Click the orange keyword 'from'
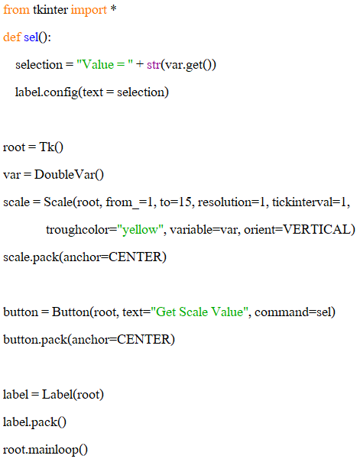pos(16,9)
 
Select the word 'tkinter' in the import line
pos(50,9)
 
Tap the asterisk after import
pos(113,9)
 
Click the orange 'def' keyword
pos(11,37)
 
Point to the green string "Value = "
pos(105,64)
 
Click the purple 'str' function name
pos(154,64)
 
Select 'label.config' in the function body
pos(47,92)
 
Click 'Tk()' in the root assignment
pos(51,147)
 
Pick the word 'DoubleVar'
pos(65,174)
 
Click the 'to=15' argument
pos(176,202)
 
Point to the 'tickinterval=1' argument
pos(310,202)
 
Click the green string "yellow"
pos(141,230)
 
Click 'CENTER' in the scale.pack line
pos(135,257)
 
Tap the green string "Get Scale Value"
pos(197,312)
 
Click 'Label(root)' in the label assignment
pos(73,394)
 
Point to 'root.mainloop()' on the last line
pos(45,450)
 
